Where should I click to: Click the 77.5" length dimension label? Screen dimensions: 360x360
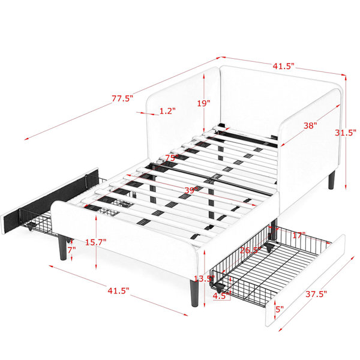(122, 98)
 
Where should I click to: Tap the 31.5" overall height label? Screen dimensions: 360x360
(346, 133)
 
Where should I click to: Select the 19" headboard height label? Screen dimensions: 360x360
(203, 103)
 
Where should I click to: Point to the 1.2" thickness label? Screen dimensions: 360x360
(167, 111)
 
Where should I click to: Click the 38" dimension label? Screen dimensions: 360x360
(310, 125)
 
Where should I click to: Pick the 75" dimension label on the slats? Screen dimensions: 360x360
(172, 158)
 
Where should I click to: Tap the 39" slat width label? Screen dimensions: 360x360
(191, 190)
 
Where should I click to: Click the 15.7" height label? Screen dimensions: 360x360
(96, 242)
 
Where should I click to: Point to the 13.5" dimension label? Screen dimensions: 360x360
(204, 279)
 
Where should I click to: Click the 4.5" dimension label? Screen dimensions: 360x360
(221, 295)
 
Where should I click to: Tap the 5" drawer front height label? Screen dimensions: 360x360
(280, 309)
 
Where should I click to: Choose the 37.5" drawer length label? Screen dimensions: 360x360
(316, 294)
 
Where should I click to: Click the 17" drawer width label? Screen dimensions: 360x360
(299, 235)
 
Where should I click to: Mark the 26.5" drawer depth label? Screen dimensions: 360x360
(251, 250)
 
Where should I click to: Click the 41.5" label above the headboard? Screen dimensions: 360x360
(283, 66)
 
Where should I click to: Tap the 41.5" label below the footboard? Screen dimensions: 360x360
(118, 290)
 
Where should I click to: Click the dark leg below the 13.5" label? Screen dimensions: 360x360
(194, 293)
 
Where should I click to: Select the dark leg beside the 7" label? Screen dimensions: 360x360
(62, 247)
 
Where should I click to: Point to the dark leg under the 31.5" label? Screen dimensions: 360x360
(332, 180)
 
